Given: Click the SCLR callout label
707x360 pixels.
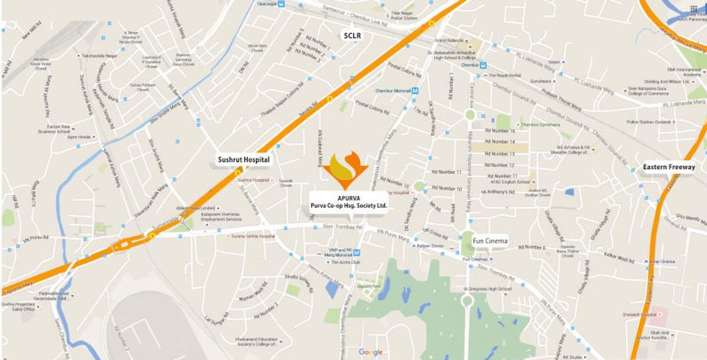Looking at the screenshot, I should [352, 36].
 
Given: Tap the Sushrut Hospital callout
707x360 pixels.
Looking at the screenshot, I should [243, 160].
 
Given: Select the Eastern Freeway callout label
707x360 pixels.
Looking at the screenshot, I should [669, 167].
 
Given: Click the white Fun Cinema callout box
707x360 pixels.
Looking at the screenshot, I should [490, 241].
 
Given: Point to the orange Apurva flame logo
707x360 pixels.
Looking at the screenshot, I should [345, 170].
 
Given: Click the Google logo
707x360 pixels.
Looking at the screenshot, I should [371, 352].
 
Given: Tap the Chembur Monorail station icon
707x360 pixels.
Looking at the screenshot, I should [415, 91].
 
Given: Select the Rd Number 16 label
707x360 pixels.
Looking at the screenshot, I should [500, 131].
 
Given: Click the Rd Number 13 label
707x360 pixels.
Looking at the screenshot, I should [500, 153].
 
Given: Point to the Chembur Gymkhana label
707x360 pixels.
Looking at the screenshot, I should [541, 125].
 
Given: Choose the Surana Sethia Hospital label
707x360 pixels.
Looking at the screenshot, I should [253, 236].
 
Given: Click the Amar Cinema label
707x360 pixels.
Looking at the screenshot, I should [662, 262].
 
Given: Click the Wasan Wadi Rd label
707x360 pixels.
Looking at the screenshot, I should [253, 289].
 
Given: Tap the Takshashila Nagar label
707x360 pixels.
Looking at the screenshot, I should [99, 55].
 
